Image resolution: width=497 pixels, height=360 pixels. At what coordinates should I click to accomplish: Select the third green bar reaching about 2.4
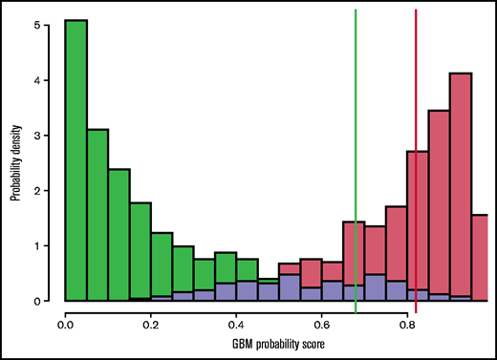[119, 235]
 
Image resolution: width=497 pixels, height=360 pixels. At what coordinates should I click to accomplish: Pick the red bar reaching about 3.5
[439, 201]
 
